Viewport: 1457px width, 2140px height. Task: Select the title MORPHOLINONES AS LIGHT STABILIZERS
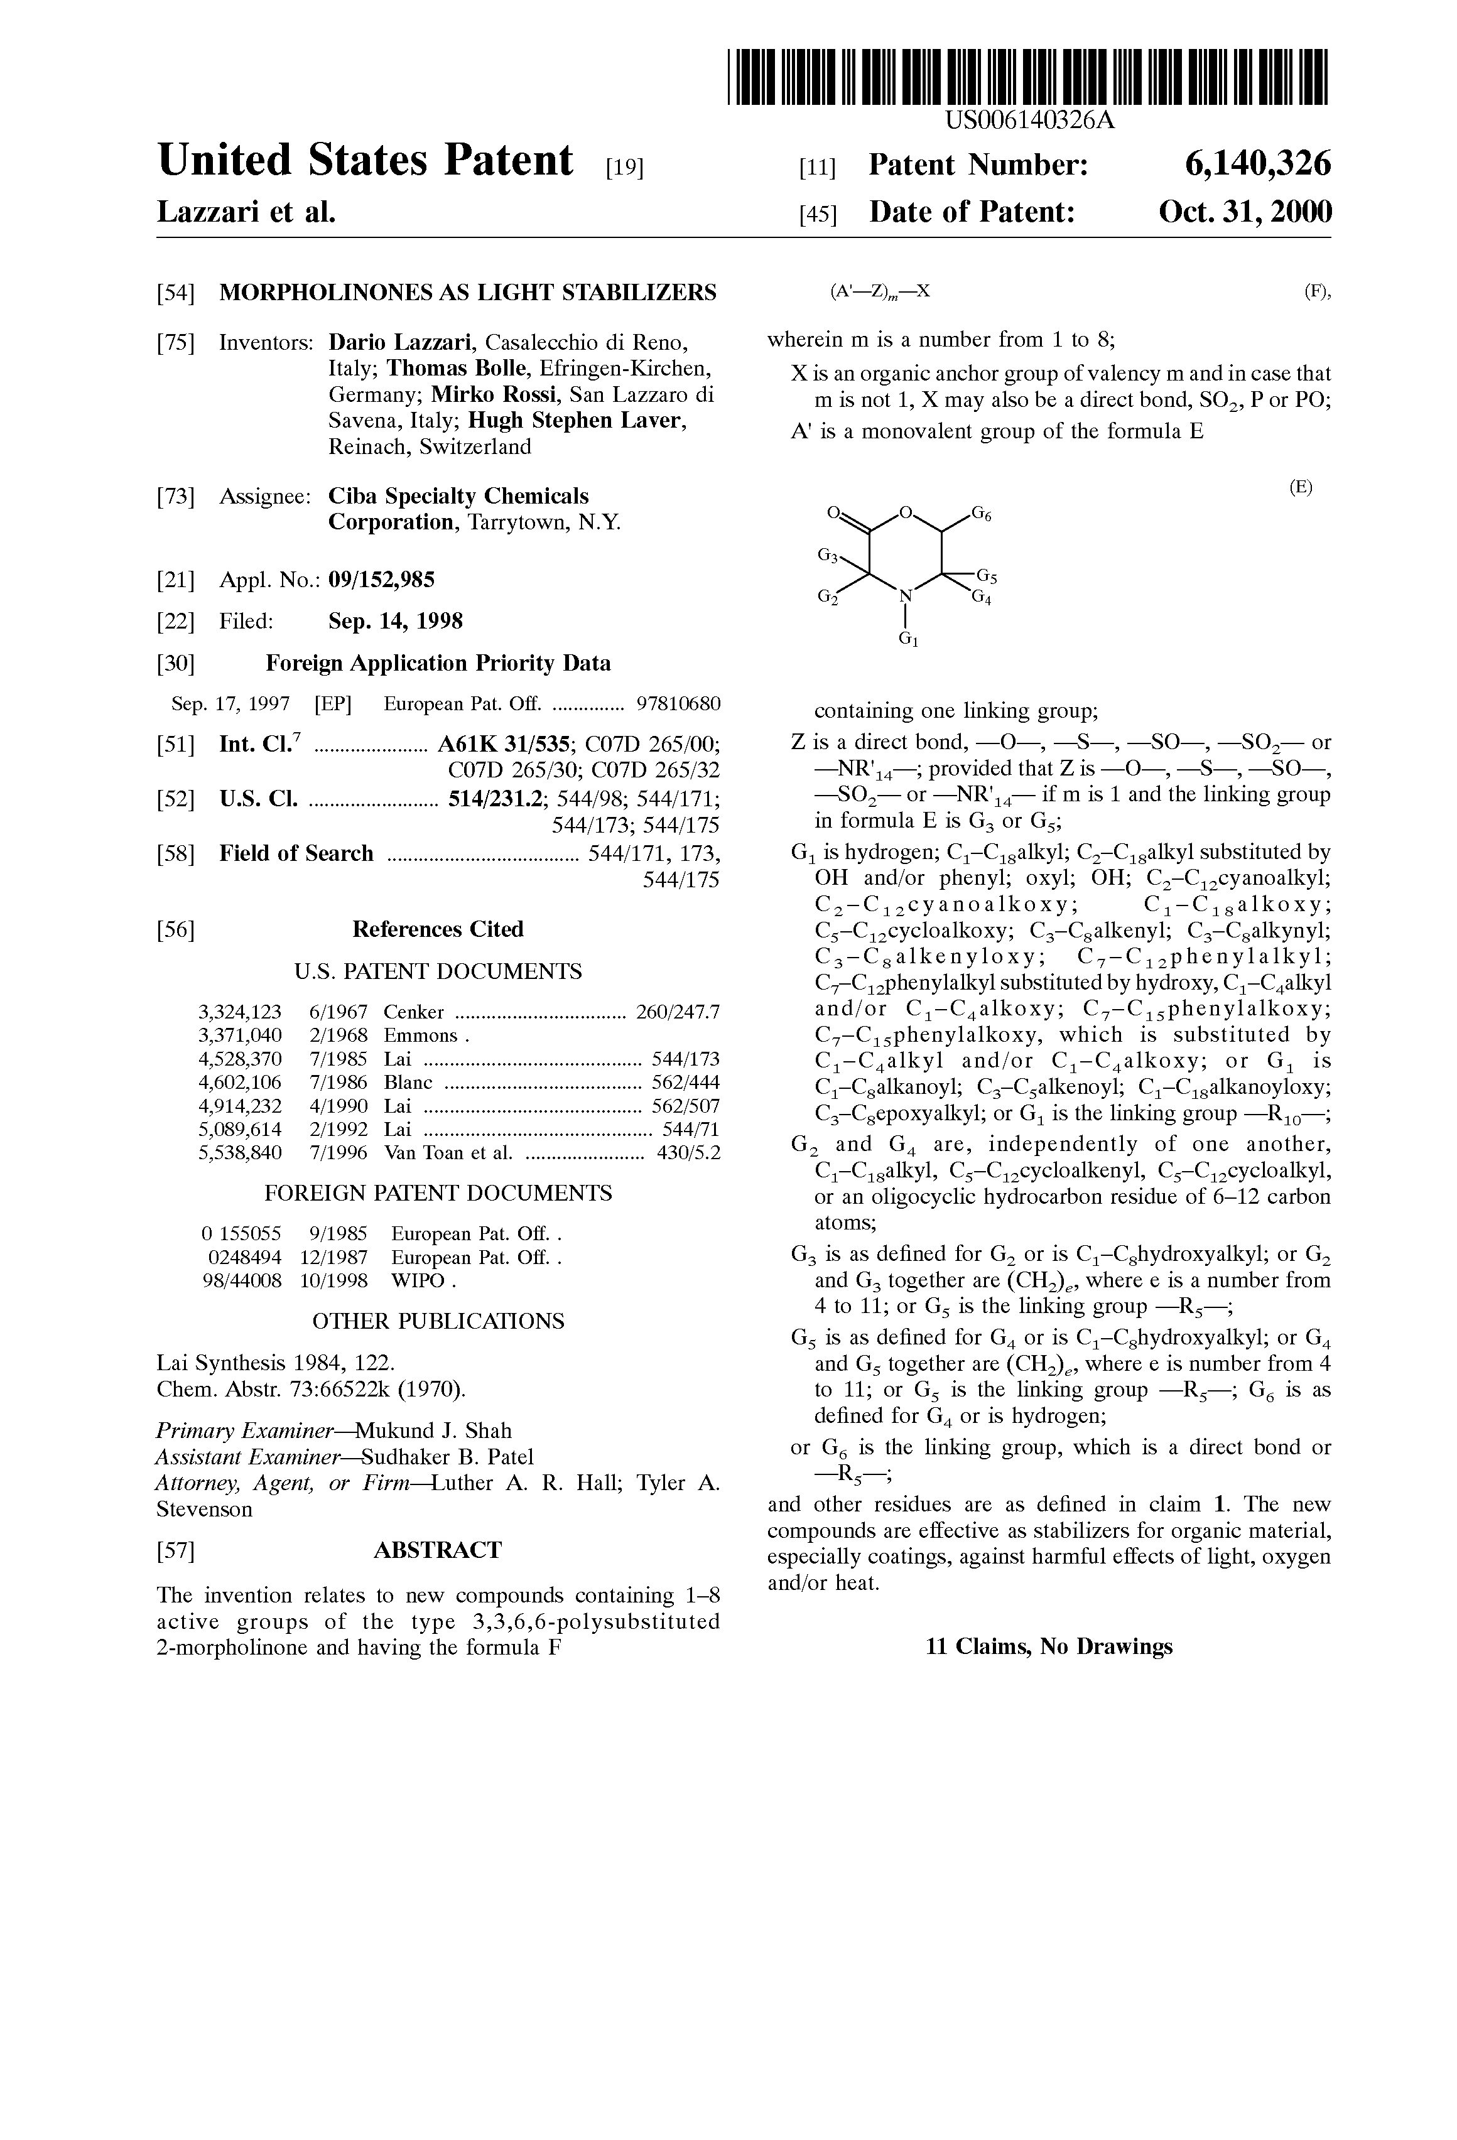pos(467,293)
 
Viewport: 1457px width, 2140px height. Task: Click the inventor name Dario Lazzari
pos(401,343)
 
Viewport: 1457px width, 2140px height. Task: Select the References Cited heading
pos(438,929)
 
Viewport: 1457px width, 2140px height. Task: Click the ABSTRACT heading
pos(438,1550)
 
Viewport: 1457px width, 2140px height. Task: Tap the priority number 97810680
pos(678,705)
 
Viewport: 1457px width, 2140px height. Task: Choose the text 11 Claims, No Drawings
pos(1048,1646)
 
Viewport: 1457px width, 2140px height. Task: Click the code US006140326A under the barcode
pos(1029,121)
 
